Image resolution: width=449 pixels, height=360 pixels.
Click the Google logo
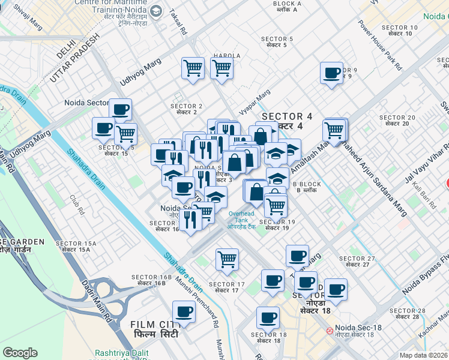point(20,353)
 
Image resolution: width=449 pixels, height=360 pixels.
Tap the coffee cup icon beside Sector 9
point(331,74)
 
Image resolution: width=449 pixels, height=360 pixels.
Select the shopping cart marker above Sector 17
point(227,260)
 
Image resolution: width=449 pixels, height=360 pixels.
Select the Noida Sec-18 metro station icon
point(330,329)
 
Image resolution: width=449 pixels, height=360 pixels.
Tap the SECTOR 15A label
point(76,246)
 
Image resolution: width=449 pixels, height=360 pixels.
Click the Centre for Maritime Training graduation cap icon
point(156,11)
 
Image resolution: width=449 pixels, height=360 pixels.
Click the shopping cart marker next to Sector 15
point(125,134)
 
